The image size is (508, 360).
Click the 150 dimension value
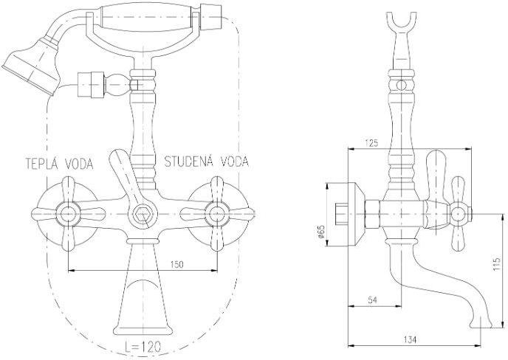point(176,265)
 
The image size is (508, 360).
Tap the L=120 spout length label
point(143,347)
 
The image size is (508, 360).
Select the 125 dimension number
point(371,143)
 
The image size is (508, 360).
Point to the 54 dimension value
point(373,300)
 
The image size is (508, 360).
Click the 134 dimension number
point(410,339)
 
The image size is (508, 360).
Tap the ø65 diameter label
point(320,232)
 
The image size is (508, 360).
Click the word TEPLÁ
point(44,164)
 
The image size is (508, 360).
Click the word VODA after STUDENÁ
point(235,161)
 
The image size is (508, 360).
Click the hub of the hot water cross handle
point(68,214)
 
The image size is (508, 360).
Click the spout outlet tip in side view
point(481,324)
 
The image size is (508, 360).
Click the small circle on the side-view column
point(402,85)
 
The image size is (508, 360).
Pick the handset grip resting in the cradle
point(149,17)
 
